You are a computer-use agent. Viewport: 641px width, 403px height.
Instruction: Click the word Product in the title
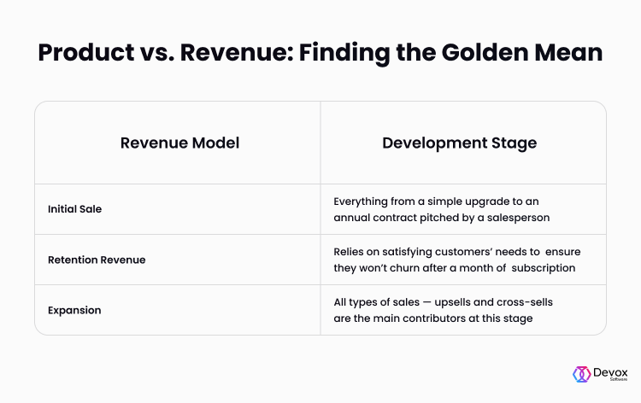point(86,52)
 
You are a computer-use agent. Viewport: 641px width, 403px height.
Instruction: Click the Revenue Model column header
point(179,143)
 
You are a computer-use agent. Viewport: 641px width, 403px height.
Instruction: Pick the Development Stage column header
point(460,143)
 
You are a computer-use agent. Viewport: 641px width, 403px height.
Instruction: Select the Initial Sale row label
point(75,209)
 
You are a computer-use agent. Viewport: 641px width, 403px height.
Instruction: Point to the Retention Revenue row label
point(97,260)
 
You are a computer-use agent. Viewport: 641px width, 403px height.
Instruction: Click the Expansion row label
point(74,310)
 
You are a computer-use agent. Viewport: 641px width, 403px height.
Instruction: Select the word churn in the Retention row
point(394,268)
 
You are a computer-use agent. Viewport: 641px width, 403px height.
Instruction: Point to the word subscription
point(544,269)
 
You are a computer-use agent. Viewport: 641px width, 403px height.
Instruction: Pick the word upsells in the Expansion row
point(452,302)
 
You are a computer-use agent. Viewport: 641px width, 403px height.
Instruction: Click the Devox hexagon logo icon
point(581,374)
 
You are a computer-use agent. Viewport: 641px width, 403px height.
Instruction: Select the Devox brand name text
point(610,372)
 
